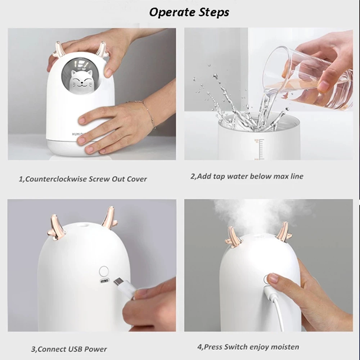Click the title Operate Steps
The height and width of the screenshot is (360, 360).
tap(189, 12)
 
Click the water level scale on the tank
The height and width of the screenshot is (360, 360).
tap(258, 149)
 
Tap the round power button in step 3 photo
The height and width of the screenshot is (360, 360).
tap(104, 271)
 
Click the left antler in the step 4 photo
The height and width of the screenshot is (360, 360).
tap(233, 238)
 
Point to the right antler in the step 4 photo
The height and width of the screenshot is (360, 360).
tap(284, 232)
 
